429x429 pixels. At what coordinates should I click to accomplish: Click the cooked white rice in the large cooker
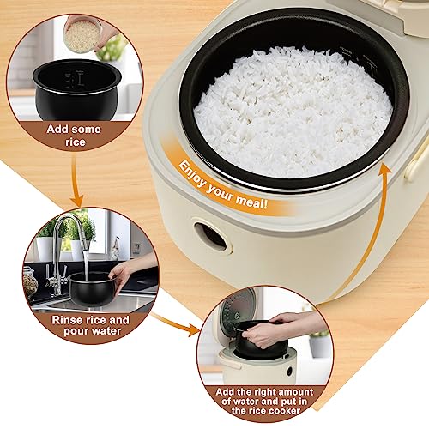[x=292, y=112]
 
